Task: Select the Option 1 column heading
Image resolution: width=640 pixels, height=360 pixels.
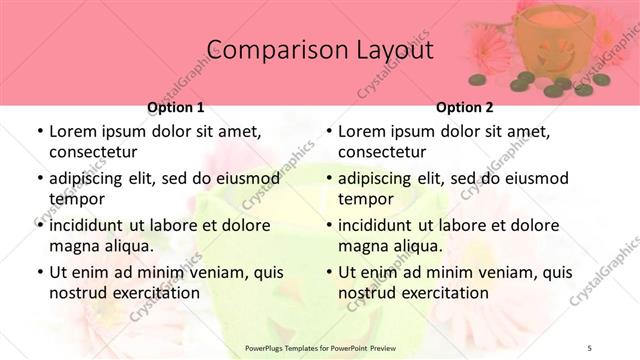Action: pos(176,107)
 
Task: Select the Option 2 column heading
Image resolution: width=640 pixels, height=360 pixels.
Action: pos(465,107)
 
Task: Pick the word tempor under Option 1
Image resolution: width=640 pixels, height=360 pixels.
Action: pos(74,198)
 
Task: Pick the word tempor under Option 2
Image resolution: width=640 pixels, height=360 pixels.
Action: pos(363,198)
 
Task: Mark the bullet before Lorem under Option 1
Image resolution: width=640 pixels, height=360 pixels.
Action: pos(39,132)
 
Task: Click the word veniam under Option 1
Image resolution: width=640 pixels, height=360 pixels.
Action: pos(204,272)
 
